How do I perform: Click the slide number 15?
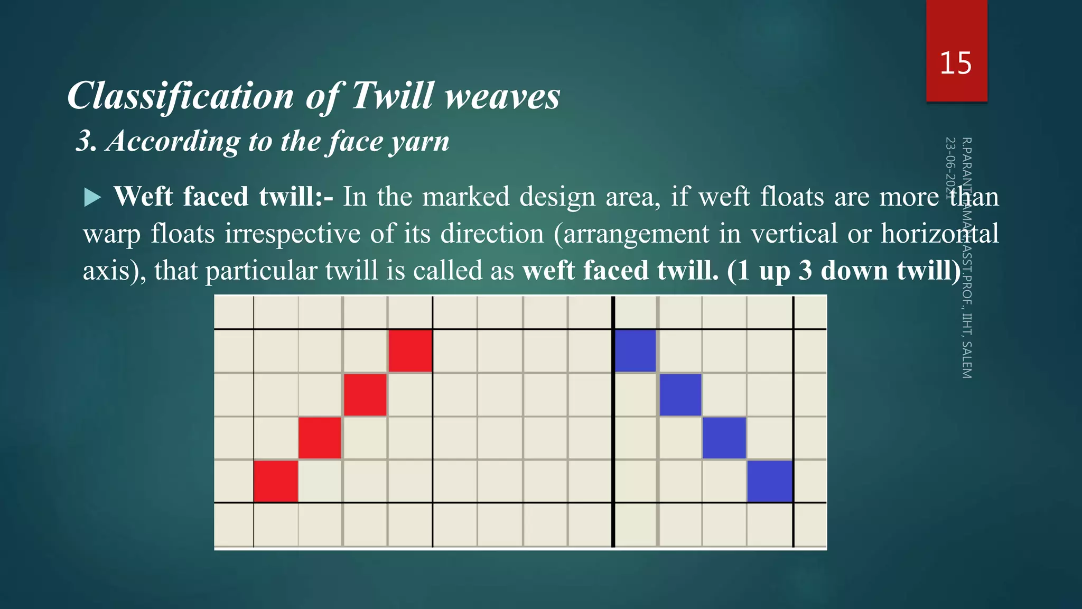coord(955,63)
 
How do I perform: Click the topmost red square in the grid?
coord(410,351)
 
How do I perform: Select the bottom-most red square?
coord(275,481)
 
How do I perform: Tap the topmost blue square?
coord(636,351)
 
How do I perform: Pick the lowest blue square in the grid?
coord(770,481)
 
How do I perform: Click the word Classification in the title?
coord(180,96)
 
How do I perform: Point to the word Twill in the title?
coord(392,96)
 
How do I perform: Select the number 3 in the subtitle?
coord(85,141)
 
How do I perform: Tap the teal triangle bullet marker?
coord(92,198)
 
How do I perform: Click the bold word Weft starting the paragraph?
coord(143,197)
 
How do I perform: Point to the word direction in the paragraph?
coord(492,234)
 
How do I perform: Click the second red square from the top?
coord(365,394)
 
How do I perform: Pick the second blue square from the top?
coord(680,394)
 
